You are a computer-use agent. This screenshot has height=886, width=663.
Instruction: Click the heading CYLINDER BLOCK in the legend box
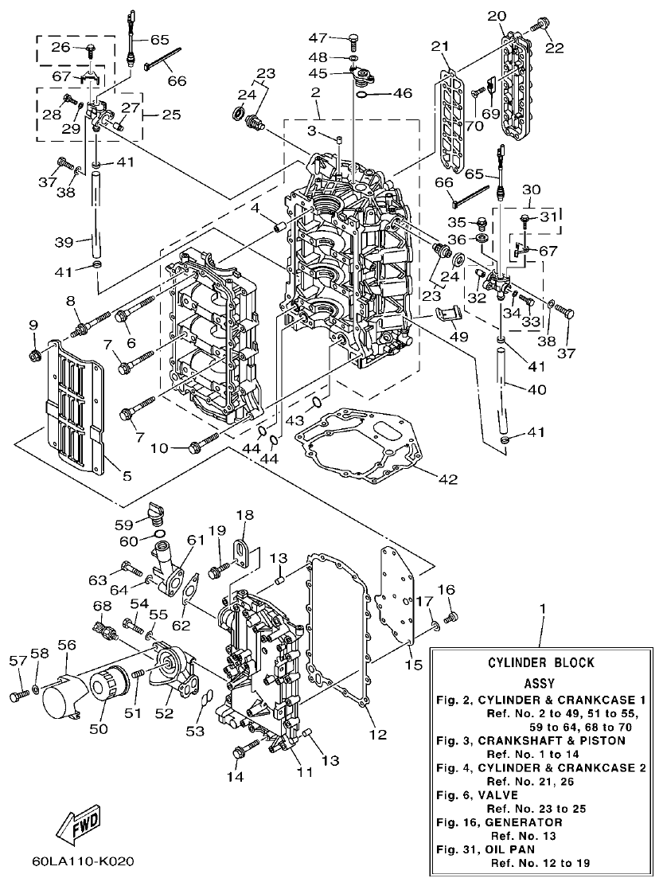coord(540,662)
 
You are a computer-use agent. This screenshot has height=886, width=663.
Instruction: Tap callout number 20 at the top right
coord(496,16)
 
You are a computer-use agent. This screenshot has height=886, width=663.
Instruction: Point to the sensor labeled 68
coord(107,628)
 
